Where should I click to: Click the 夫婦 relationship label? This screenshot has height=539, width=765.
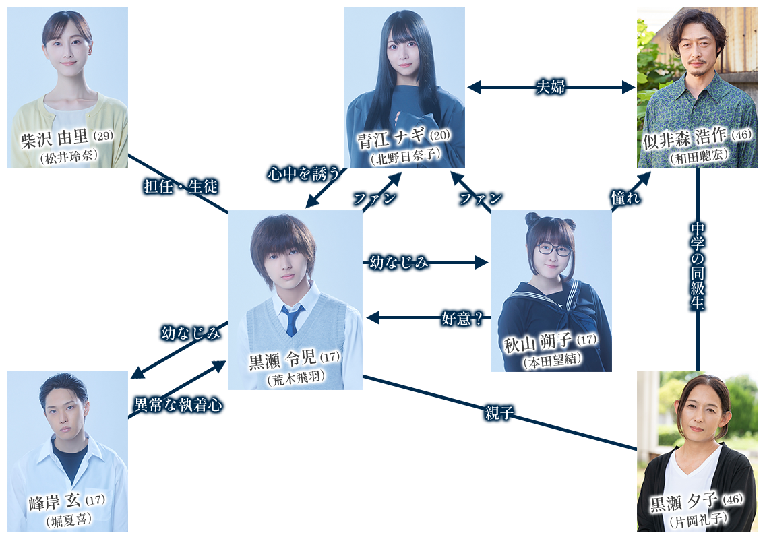550,88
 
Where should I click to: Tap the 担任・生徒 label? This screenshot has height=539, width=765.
181,187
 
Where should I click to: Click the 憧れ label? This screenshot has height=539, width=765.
626,198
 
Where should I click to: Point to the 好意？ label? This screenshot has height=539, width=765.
462,319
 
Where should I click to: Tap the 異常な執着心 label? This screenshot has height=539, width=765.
179,405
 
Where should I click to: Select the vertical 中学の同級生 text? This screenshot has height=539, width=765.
698,265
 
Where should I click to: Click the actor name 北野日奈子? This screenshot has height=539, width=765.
405,158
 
